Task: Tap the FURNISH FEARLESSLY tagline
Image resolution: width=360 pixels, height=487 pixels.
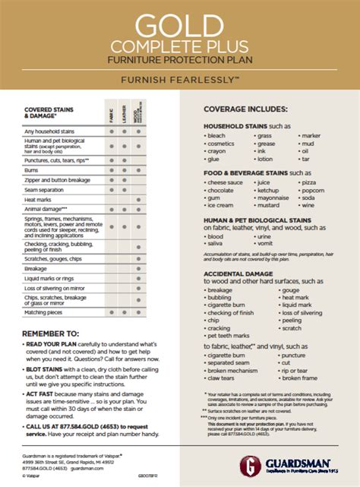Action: [x=180, y=79]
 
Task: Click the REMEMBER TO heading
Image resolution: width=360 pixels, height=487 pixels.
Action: [x=49, y=333]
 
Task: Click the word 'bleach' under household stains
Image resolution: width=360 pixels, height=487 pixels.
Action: [x=218, y=135]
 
